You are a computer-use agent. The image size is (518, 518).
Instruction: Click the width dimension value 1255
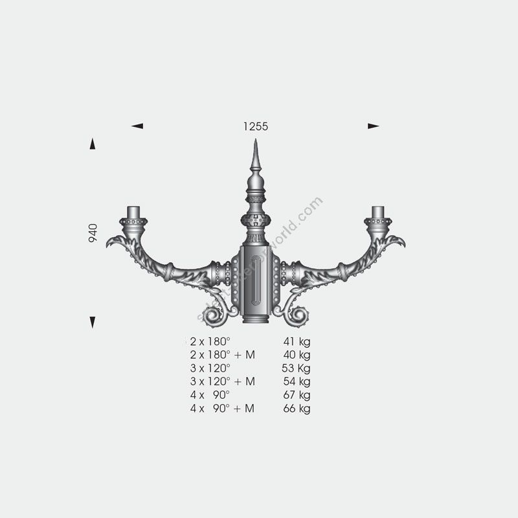pyautogui.click(x=256, y=127)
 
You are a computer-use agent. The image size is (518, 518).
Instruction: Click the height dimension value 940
pyautogui.click(x=93, y=233)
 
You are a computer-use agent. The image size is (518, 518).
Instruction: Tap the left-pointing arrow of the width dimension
pyautogui.click(x=137, y=126)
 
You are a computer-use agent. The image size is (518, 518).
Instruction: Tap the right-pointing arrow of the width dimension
pyautogui.click(x=373, y=126)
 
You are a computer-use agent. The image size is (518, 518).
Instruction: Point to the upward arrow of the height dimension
pyautogui.click(x=93, y=144)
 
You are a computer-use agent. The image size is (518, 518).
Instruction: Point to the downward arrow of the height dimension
pyautogui.click(x=93, y=322)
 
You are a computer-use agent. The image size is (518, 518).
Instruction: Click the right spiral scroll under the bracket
pyautogui.click(x=298, y=316)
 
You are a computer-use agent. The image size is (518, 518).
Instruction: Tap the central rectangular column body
pyautogui.click(x=256, y=282)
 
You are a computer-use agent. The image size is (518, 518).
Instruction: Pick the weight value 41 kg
pyautogui.click(x=297, y=341)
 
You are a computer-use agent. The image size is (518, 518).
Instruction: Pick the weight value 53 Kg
pyautogui.click(x=297, y=368)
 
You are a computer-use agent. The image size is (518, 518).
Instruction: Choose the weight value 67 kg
pyautogui.click(x=297, y=395)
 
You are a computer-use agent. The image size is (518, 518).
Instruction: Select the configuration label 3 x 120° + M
pyautogui.click(x=222, y=382)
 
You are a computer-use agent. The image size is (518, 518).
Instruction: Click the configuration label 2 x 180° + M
pyautogui.click(x=222, y=355)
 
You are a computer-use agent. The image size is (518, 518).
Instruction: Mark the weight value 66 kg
pyautogui.click(x=297, y=409)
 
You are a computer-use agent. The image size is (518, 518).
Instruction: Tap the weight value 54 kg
pyautogui.click(x=297, y=382)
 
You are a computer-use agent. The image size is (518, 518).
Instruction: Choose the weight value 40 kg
pyautogui.click(x=297, y=355)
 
